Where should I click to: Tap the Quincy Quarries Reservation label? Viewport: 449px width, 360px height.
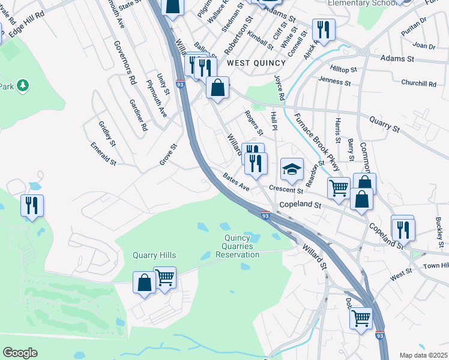[238, 247]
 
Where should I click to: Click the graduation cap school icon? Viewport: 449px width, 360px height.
[292, 170]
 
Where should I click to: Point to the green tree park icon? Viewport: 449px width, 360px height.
[23, 86]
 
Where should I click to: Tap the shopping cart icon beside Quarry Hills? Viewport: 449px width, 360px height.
[164, 277]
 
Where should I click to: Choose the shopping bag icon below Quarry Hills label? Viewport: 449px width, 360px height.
[144, 283]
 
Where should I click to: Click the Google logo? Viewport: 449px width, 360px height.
[20, 353]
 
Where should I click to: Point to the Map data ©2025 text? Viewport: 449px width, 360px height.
[424, 355]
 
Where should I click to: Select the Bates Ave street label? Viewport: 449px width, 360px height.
[236, 182]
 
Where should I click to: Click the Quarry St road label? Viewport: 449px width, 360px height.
[384, 125]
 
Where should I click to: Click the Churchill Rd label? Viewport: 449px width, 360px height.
[418, 83]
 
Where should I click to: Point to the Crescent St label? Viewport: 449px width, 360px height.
[286, 189]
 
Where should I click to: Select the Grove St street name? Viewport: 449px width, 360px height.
[169, 154]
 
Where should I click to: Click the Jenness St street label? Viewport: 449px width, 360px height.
[334, 80]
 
